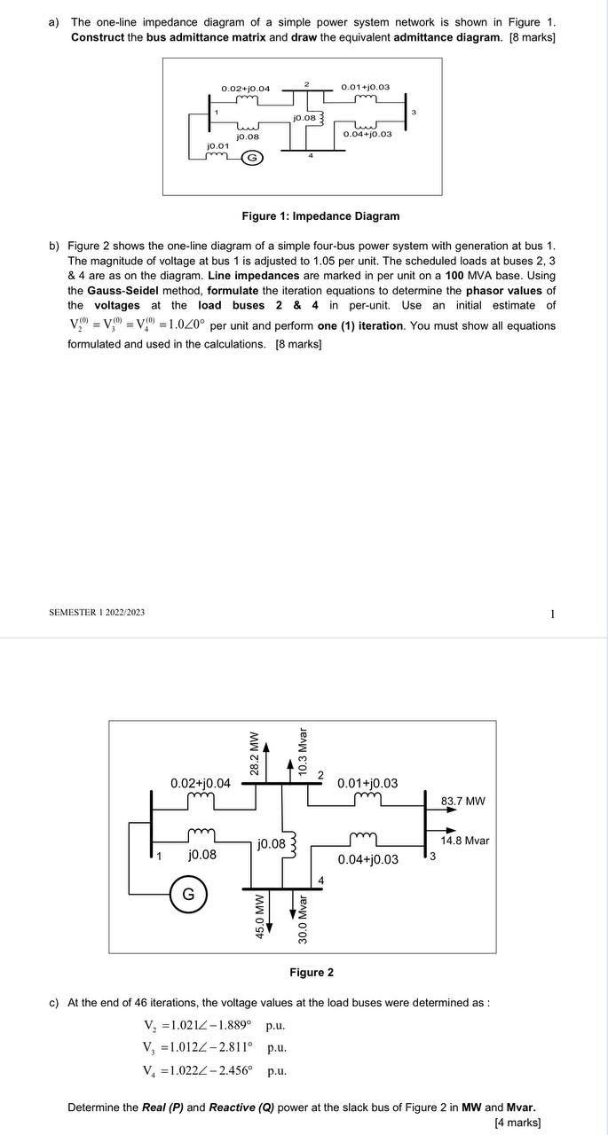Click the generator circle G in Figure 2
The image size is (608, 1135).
pos(188,894)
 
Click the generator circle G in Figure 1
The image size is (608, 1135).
pos(251,158)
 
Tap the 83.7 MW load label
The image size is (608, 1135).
pos(462,802)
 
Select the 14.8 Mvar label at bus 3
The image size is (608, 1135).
pos(465,841)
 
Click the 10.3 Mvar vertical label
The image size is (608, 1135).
pos(303,752)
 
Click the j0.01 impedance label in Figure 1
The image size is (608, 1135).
pos(217,145)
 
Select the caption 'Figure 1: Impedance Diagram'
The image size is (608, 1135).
pos(320,216)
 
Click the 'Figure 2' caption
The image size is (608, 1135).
pos(312,973)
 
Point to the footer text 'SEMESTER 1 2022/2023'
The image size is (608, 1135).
pos(97,613)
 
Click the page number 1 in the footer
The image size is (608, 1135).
pos(552,614)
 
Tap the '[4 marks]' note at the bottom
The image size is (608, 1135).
pos(517,1123)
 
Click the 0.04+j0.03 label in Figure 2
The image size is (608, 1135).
pos(367,859)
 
